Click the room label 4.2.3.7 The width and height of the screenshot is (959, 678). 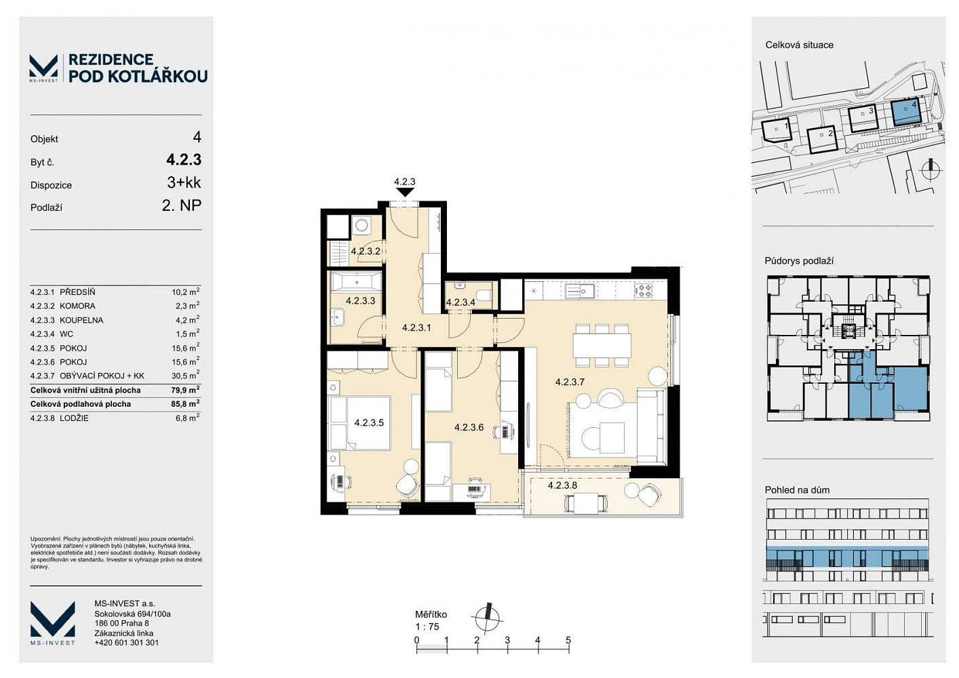(570, 382)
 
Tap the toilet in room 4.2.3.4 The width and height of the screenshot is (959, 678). (485, 296)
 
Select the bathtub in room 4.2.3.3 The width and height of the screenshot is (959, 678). (355, 282)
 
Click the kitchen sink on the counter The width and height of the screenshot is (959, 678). (579, 291)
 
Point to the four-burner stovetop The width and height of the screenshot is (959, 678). (643, 291)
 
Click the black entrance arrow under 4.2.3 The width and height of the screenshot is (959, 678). (405, 192)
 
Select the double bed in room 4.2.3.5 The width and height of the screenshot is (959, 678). (359, 423)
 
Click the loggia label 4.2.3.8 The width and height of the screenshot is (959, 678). (562, 485)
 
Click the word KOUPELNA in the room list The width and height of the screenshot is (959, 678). (81, 320)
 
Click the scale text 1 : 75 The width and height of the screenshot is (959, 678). (427, 626)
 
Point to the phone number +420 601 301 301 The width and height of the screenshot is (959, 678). (126, 643)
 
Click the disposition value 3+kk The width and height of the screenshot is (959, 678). (184, 183)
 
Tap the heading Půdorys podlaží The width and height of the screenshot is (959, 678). (799, 261)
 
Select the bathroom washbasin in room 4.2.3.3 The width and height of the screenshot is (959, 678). (338, 317)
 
